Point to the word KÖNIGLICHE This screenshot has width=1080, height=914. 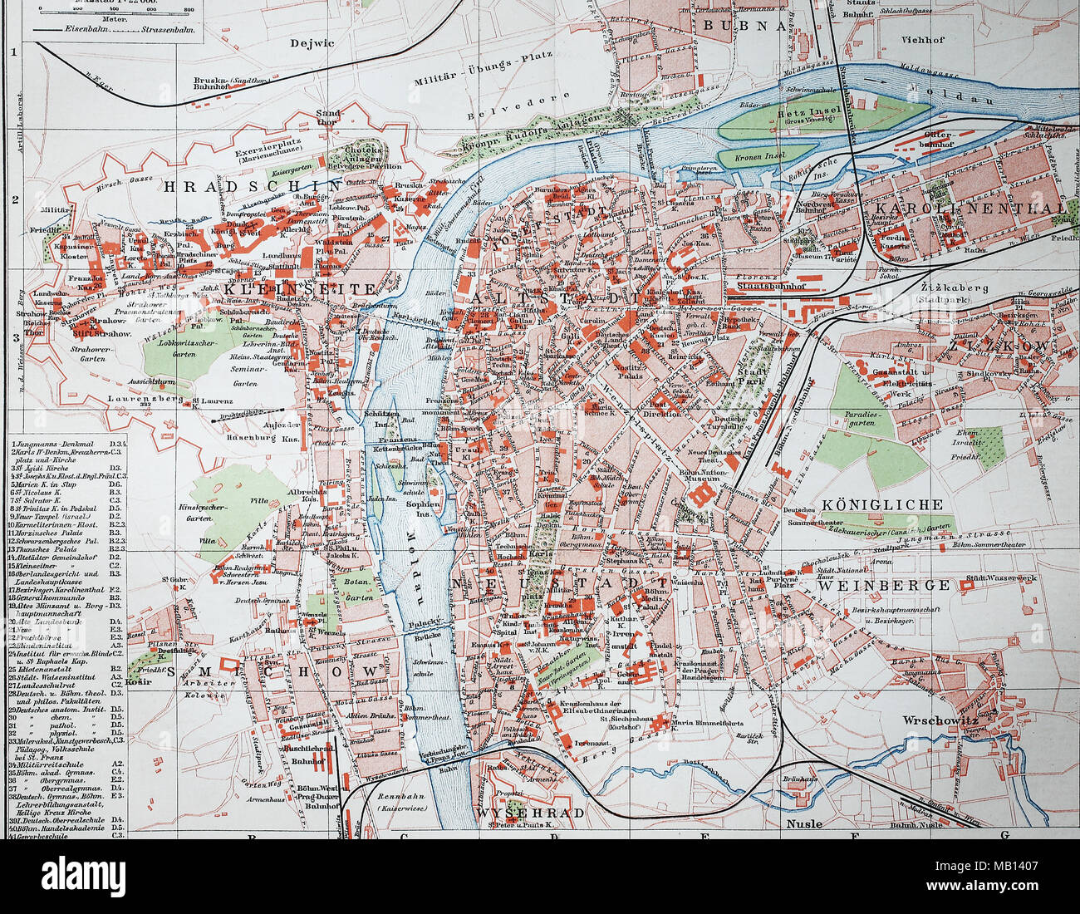(x=882, y=504)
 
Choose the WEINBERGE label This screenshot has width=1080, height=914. (x=882, y=585)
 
